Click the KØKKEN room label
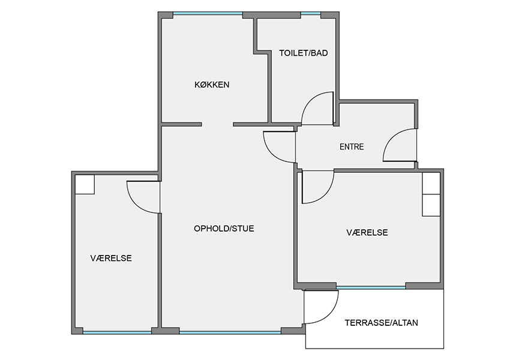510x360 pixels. (212, 85)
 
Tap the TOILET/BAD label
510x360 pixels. (304, 53)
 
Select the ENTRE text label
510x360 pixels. (352, 146)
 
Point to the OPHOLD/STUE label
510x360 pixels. (224, 229)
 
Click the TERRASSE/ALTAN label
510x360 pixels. (381, 323)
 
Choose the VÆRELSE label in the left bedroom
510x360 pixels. (111, 258)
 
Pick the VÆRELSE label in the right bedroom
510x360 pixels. (367, 233)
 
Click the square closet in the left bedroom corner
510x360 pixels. (85, 184)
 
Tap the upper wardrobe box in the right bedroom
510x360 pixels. (431, 184)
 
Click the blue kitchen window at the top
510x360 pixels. (208, 14)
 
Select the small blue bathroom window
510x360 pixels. (311, 14)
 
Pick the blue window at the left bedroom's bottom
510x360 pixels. (117, 332)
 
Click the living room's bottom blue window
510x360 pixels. (230, 332)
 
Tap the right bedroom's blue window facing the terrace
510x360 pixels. (371, 287)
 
